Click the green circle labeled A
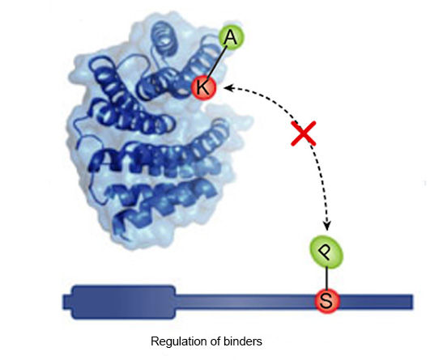pyautogui.click(x=231, y=38)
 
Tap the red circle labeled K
pyautogui.click(x=204, y=87)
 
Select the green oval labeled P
pyautogui.click(x=326, y=252)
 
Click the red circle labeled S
pyautogui.click(x=326, y=301)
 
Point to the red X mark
pyautogui.click(x=304, y=133)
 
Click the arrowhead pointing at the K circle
pyautogui.click(x=228, y=88)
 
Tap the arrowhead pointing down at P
pyautogui.click(x=326, y=226)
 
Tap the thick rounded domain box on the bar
pyautogui.click(x=123, y=303)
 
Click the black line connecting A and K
pyautogui.click(x=217, y=62)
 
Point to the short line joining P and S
pyautogui.click(x=326, y=278)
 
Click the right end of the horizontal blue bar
pyautogui.click(x=412, y=302)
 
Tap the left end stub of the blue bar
pyautogui.click(x=67, y=303)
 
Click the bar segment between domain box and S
pyautogui.click(x=245, y=302)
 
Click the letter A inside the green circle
pyautogui.click(x=230, y=38)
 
